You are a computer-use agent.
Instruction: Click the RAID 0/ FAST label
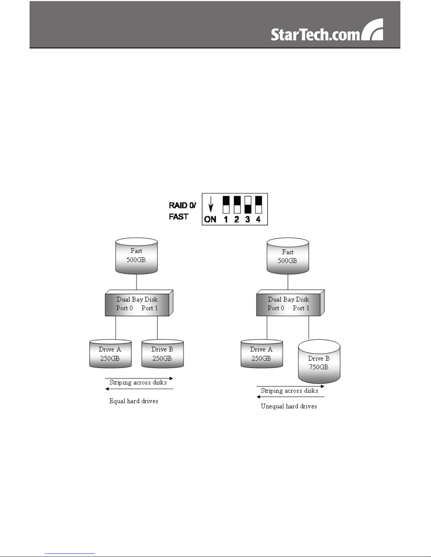coord(182,211)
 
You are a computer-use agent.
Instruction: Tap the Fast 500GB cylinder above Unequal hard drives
coord(288,257)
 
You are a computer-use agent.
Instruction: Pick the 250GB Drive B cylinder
coord(162,354)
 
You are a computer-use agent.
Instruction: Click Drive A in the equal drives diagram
coord(110,354)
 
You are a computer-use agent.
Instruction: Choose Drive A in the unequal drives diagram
coord(261,354)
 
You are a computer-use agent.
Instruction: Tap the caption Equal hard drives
coord(134,401)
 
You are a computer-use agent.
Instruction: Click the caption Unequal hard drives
coord(289,406)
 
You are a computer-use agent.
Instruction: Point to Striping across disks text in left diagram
coord(138,382)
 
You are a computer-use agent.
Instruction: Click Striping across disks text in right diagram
coord(289,390)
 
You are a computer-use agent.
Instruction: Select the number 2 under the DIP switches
coord(236,220)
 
